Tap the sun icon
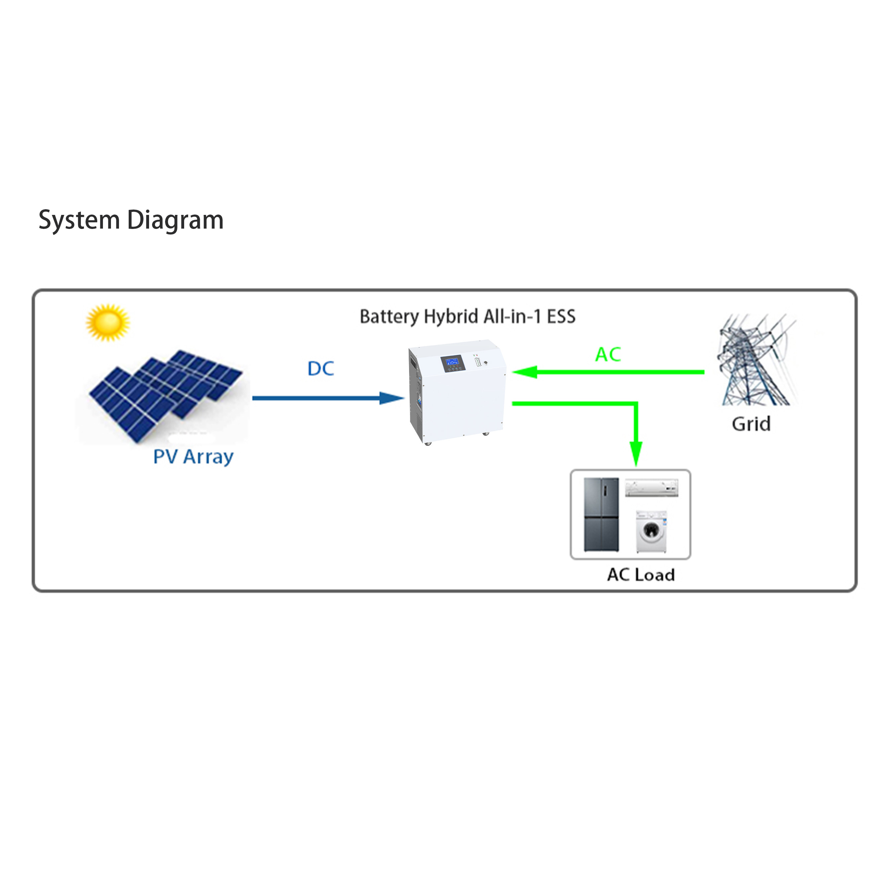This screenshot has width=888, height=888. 108,322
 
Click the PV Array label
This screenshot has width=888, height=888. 193,457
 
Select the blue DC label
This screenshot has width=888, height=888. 321,369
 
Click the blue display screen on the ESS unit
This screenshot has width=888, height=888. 453,363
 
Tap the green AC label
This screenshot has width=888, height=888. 608,354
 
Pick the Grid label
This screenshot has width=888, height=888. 751,424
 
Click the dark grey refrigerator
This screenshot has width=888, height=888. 601,514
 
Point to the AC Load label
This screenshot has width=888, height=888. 641,575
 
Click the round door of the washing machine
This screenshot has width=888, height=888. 650,531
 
